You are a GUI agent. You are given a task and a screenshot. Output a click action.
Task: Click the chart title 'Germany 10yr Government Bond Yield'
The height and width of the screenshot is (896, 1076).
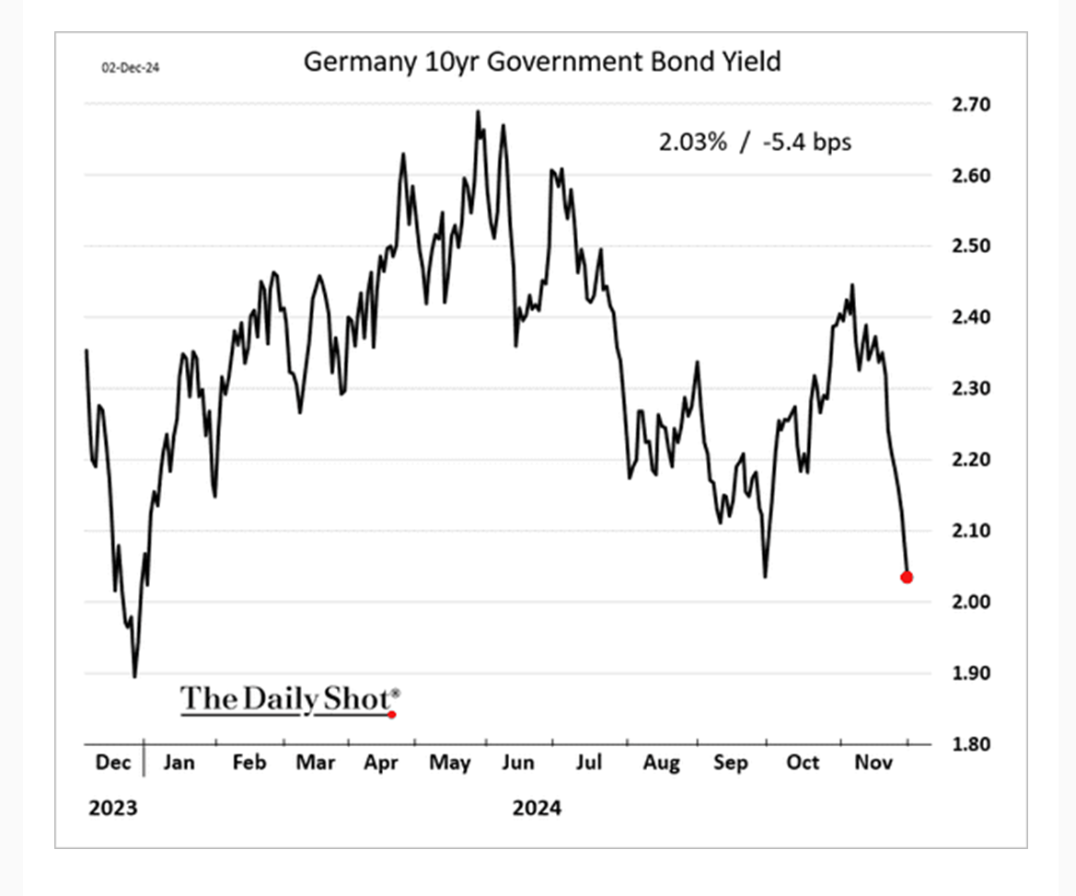coord(541,62)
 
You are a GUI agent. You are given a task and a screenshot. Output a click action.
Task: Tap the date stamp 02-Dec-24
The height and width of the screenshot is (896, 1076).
coord(129,66)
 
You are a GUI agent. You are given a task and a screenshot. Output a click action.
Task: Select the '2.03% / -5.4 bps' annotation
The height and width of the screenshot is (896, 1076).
coord(754,143)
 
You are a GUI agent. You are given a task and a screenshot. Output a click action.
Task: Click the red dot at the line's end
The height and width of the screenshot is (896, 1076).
coord(907,578)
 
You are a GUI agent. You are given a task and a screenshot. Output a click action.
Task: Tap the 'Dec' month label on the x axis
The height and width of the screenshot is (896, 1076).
coord(112,763)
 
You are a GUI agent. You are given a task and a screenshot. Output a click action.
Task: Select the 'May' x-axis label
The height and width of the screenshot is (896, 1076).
coord(450,763)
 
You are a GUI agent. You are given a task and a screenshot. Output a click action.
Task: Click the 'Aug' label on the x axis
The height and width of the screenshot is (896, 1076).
coord(661,763)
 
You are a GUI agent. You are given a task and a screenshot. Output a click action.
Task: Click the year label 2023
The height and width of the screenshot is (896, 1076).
coord(112,809)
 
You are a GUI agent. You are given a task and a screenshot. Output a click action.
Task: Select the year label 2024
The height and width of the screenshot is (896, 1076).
coord(537,809)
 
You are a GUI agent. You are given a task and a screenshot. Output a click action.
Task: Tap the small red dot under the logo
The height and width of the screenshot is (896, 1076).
coord(392,714)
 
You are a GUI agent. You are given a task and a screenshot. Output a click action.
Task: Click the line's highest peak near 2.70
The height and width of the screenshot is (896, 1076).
coord(478,111)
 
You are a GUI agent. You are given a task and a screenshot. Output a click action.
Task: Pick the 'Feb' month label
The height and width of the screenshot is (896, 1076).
coord(249,763)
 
